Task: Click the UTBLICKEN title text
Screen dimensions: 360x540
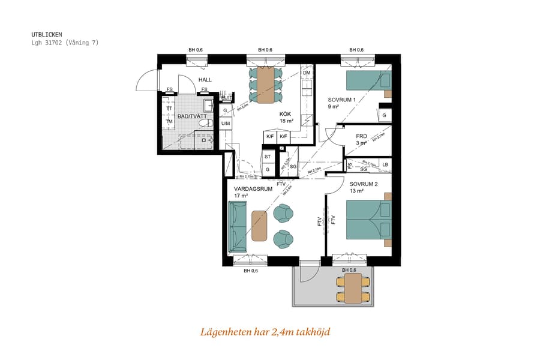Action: point(46,35)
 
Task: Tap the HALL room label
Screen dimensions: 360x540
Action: point(205,80)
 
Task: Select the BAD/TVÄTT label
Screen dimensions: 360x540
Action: point(193,116)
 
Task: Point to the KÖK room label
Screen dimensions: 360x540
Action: point(286,114)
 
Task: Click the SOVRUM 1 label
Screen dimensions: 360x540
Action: point(342,100)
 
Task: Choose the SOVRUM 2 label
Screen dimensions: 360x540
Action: point(364,184)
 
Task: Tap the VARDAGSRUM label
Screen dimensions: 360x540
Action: point(253,188)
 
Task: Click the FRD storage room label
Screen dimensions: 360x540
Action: point(361,136)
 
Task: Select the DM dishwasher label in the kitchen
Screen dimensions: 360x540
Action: point(307,73)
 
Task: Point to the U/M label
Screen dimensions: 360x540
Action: point(226,124)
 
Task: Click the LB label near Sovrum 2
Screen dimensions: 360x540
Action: point(385,164)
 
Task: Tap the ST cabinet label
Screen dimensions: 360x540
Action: point(268,157)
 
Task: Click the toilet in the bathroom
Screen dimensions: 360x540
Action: point(205,123)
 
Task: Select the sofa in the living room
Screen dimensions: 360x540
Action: point(238,227)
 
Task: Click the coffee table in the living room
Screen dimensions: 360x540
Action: point(259,226)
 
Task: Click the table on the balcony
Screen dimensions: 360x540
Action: point(353,289)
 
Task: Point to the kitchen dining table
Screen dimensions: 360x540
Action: point(266,83)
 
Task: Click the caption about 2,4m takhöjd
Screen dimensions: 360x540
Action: point(265,332)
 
